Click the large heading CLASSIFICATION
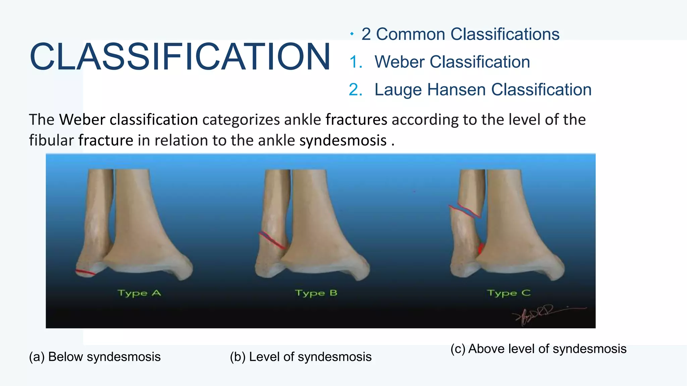coord(180,57)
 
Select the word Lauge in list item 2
coord(398,90)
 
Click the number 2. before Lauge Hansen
coord(356,90)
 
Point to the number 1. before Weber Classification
coord(356,62)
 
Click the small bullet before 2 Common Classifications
coord(352,34)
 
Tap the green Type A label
coord(139,293)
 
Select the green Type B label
coord(316,293)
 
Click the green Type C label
coord(509,293)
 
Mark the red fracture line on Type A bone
coord(85,272)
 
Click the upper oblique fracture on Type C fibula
coord(465,210)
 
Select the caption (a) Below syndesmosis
coord(95,357)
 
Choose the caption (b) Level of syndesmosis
coord(301,357)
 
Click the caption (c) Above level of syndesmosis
coord(538,349)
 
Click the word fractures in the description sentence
coord(356,120)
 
